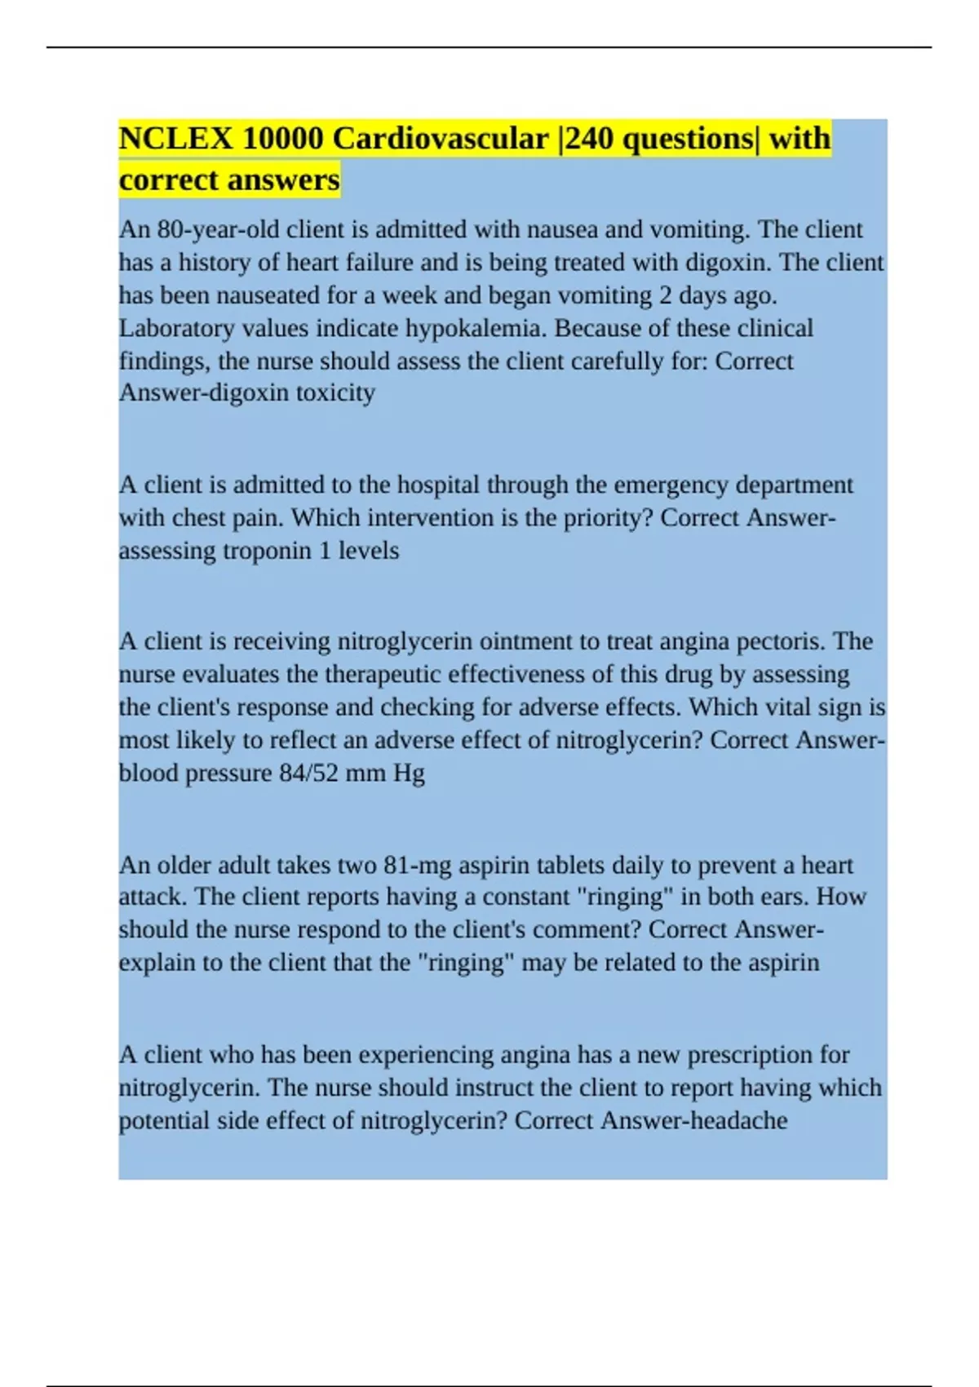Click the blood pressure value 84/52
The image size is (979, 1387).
[x=308, y=773]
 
